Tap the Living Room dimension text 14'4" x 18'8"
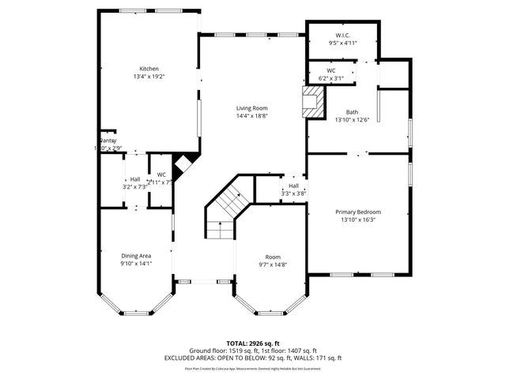(252, 116)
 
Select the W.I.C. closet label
(342, 36)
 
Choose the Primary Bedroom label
(358, 212)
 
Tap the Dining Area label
(136, 255)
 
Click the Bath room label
(352, 112)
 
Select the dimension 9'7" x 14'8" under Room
(273, 265)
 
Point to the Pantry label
(108, 141)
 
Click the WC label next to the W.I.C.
(331, 71)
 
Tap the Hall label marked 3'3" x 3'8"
(293, 186)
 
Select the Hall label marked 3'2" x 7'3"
(135, 179)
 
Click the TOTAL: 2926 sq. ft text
(252, 343)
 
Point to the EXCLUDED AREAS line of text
(252, 358)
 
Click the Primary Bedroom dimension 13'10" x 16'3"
(358, 220)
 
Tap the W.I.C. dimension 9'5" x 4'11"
(342, 43)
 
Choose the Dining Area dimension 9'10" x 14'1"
(136, 263)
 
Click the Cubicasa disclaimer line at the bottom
(252, 368)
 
